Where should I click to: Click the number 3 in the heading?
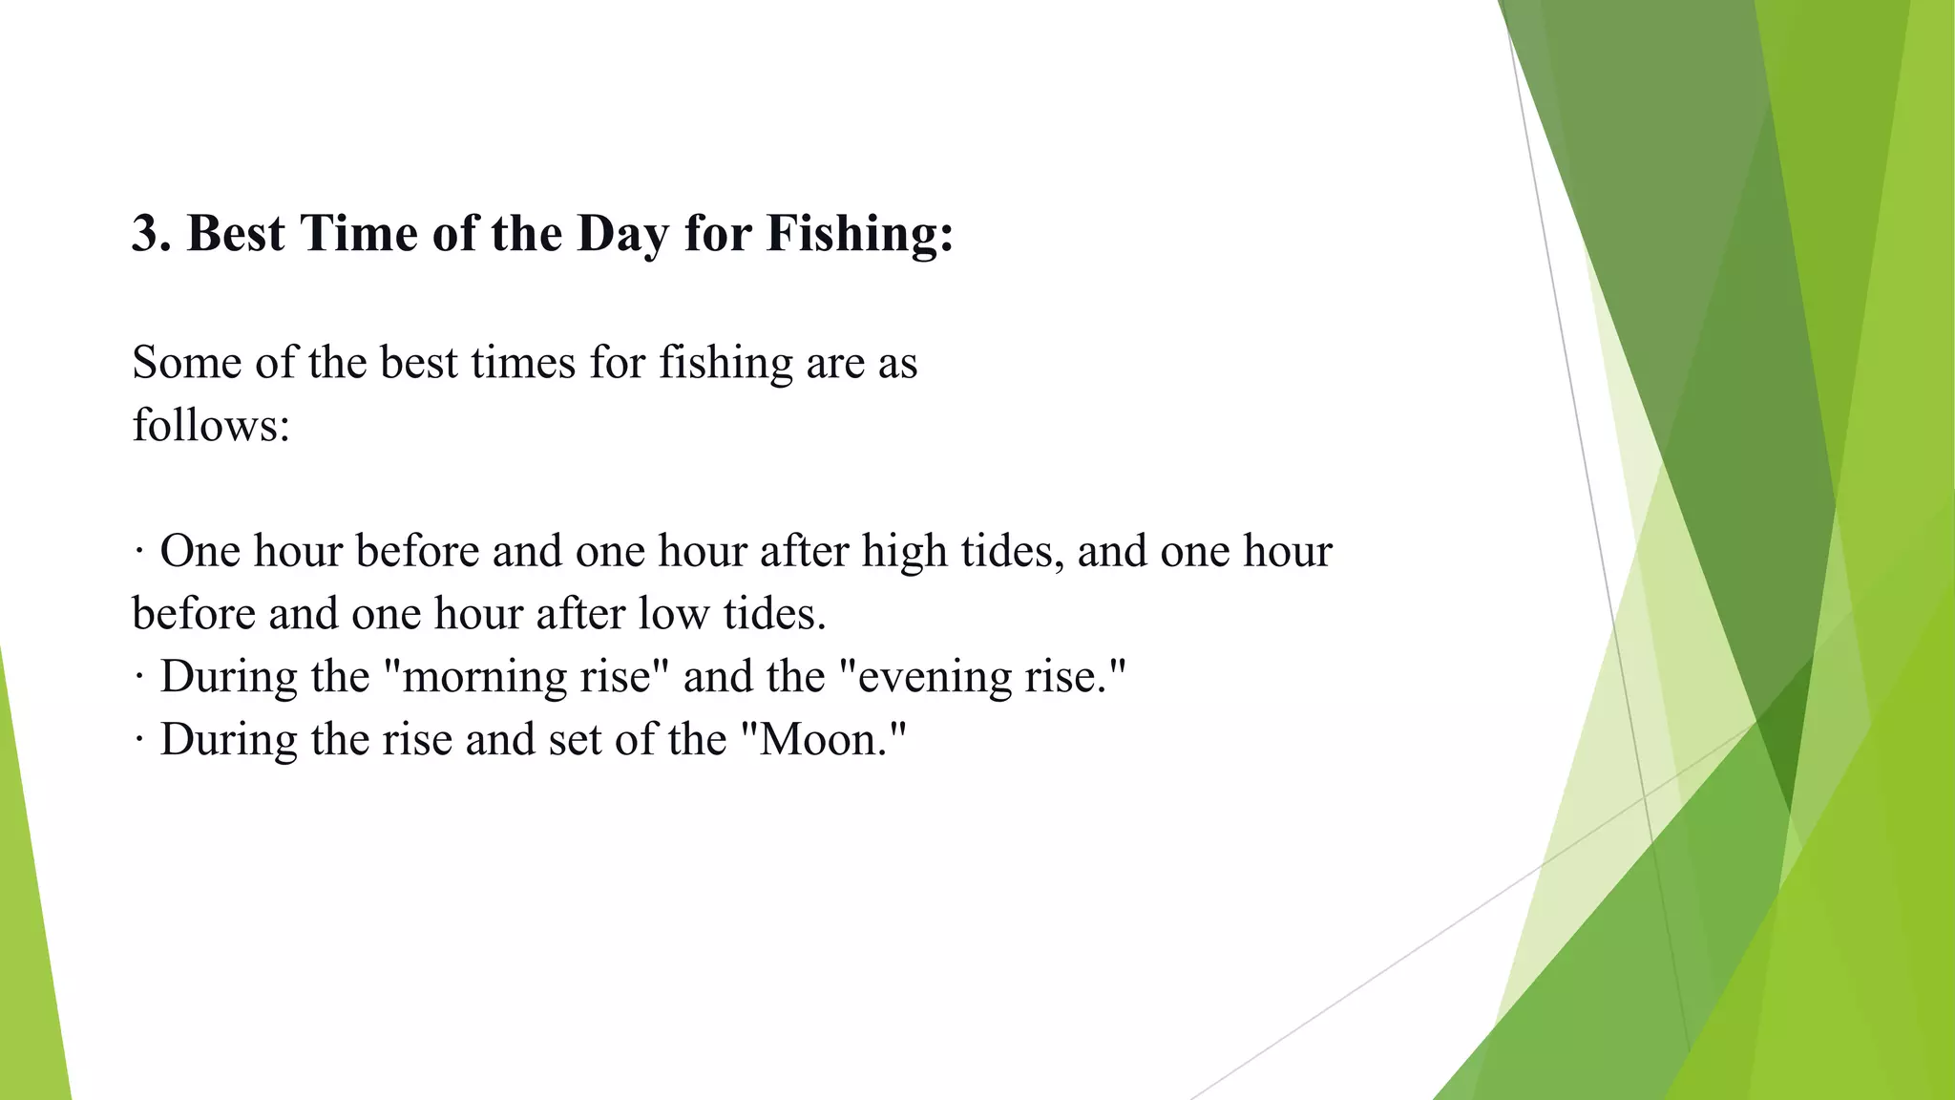pyautogui.click(x=144, y=234)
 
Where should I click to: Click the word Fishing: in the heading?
pyautogui.click(x=859, y=234)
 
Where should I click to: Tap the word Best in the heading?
pyautogui.click(x=236, y=234)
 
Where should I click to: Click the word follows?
pyautogui.click(x=211, y=425)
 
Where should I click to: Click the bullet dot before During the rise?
pyautogui.click(x=139, y=740)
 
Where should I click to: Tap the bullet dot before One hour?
pyautogui.click(x=139, y=552)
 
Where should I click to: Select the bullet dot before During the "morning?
pyautogui.click(x=139, y=677)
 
